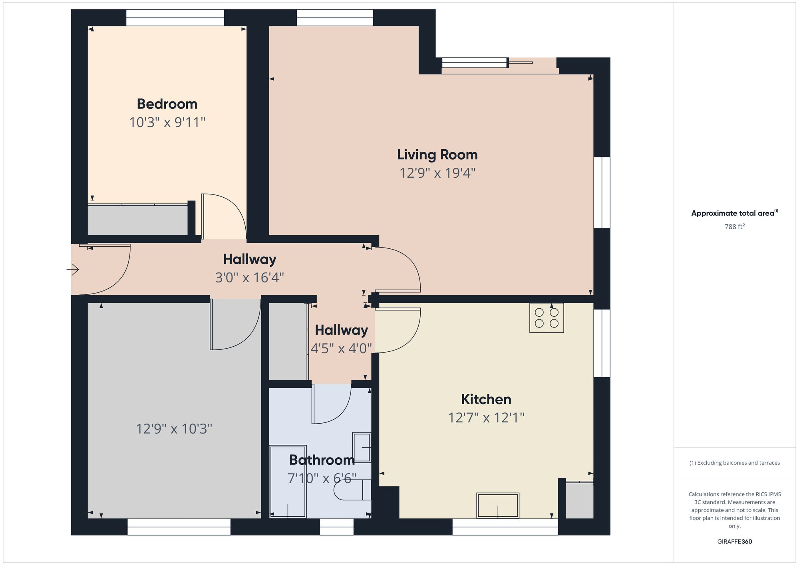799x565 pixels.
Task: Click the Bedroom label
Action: (x=167, y=104)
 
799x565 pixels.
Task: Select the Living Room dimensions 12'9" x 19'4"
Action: (x=437, y=173)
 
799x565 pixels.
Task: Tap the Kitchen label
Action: (x=486, y=399)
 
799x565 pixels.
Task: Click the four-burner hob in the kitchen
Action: (x=547, y=318)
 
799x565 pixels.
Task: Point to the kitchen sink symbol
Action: (x=498, y=506)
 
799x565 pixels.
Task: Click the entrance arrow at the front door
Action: (x=73, y=270)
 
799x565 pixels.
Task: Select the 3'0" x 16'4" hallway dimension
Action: (x=249, y=278)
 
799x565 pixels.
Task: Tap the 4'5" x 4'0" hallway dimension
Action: (x=341, y=349)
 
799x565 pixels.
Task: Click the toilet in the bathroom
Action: (x=351, y=490)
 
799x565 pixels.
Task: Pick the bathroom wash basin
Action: (x=362, y=447)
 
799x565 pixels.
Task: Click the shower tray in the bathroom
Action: (x=288, y=481)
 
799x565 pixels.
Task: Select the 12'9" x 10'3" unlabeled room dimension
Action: (x=174, y=429)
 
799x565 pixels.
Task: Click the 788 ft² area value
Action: (x=734, y=227)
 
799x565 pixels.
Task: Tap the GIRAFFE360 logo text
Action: (x=734, y=542)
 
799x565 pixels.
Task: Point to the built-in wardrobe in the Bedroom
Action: (x=137, y=220)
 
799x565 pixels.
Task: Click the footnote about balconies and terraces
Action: (x=734, y=463)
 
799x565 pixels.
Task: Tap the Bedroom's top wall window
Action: (x=175, y=18)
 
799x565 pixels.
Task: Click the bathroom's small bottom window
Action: (x=337, y=527)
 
